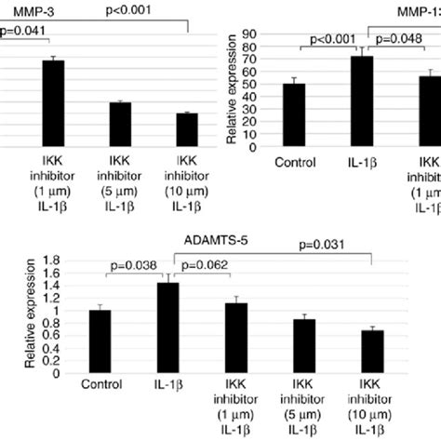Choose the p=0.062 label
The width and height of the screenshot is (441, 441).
click(207, 264)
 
